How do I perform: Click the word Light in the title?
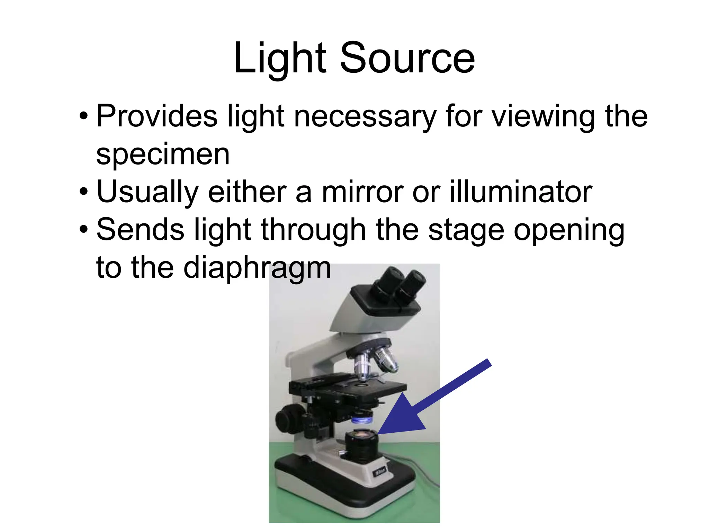point(280,58)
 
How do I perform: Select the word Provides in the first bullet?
point(157,116)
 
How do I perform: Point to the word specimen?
point(163,154)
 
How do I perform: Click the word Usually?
point(147,192)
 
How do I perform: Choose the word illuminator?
point(521,192)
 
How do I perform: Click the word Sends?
point(140,230)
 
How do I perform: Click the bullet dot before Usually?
point(83,192)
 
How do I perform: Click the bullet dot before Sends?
point(83,229)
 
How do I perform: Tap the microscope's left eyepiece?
point(390,281)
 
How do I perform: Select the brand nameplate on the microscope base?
point(379,472)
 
